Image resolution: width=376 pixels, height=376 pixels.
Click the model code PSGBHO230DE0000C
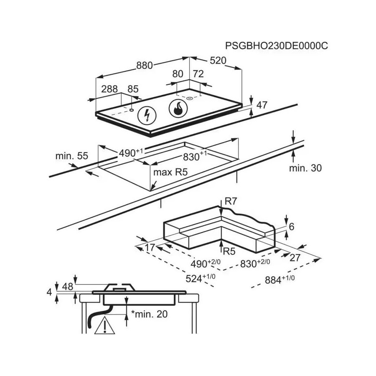[x=276, y=46]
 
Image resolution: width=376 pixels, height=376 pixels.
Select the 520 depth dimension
[x=218, y=61]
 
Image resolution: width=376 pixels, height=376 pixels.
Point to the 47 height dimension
[x=262, y=105]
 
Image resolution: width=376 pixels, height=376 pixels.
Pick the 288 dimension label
[x=110, y=89]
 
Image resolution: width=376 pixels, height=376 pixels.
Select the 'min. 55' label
[x=71, y=156]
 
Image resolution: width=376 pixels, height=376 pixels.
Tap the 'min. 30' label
[x=305, y=168]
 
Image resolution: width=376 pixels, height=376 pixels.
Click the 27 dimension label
[x=295, y=257]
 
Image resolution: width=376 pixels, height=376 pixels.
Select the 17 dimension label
[x=150, y=247]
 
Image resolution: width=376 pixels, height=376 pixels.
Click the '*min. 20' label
[x=149, y=314]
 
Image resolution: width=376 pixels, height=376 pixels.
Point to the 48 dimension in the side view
[x=67, y=287]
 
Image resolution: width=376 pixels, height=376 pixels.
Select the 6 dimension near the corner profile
[x=292, y=227]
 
